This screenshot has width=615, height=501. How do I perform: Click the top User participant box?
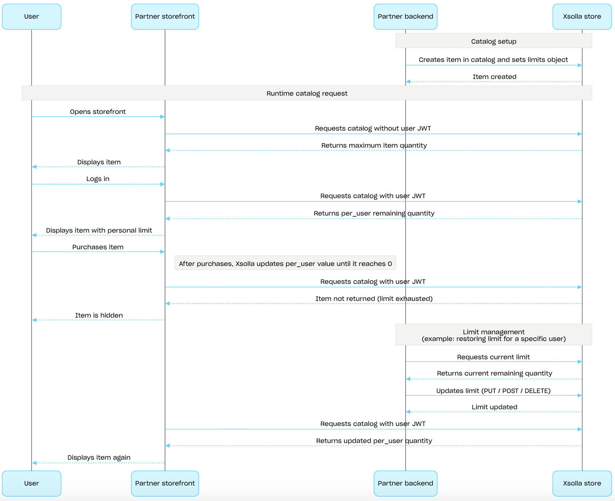pyautogui.click(x=31, y=16)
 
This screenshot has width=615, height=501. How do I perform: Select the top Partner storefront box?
pyautogui.click(x=165, y=16)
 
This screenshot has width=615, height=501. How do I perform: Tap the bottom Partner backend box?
pyautogui.click(x=406, y=484)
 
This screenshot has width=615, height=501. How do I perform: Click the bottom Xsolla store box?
pyautogui.click(x=582, y=484)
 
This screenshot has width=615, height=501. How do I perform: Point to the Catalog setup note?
pyautogui.click(x=494, y=41)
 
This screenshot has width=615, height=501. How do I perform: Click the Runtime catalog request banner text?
pyautogui.click(x=307, y=93)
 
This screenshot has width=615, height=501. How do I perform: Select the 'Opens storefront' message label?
pyautogui.click(x=98, y=112)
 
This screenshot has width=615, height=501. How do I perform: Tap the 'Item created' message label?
pyautogui.click(x=494, y=77)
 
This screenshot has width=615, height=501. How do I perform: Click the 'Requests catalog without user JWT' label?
pyautogui.click(x=373, y=128)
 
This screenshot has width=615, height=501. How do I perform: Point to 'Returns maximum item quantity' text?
pyautogui.click(x=374, y=145)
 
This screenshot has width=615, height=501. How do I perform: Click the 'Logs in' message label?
pyautogui.click(x=98, y=179)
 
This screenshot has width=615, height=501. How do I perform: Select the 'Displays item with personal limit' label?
pyautogui.click(x=99, y=230)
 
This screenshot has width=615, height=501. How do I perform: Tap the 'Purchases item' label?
pyautogui.click(x=98, y=247)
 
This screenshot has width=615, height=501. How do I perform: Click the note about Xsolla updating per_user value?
pyautogui.click(x=285, y=263)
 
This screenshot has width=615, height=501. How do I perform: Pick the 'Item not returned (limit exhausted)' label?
pyautogui.click(x=374, y=299)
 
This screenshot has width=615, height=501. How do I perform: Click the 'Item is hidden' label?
pyautogui.click(x=99, y=315)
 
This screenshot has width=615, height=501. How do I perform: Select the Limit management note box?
pyautogui.click(x=494, y=335)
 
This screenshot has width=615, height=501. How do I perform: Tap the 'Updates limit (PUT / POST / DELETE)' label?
pyautogui.click(x=493, y=391)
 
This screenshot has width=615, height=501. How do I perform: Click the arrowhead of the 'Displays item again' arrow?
pyautogui.click(x=34, y=463)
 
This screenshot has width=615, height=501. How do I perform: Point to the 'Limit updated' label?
pyautogui.click(x=494, y=407)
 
